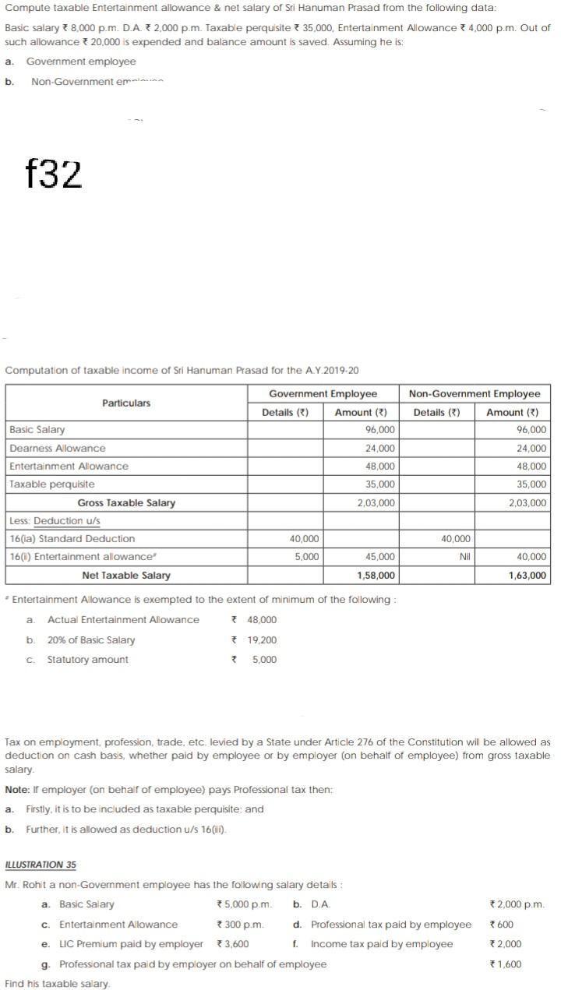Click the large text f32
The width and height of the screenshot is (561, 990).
pyautogui.click(x=53, y=174)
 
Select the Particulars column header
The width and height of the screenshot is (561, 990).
pyautogui.click(x=126, y=403)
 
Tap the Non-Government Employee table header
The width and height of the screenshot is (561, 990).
pyautogui.click(x=474, y=393)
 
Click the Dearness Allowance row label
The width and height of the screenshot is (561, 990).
pyautogui.click(x=58, y=448)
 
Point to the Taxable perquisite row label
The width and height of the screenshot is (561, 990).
pyautogui.click(x=52, y=484)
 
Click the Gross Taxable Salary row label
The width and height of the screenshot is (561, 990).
pyautogui.click(x=126, y=502)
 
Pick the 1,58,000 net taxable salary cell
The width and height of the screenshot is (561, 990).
pyautogui.click(x=376, y=575)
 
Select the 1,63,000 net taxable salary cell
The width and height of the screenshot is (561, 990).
pyautogui.click(x=527, y=575)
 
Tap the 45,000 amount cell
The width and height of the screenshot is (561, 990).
pyautogui.click(x=379, y=556)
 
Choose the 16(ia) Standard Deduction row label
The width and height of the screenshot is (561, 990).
pyautogui.click(x=72, y=538)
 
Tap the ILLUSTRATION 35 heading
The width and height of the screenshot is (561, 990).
pyautogui.click(x=41, y=865)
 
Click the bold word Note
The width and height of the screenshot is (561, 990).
pyautogui.click(x=18, y=789)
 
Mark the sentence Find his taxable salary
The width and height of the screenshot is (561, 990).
pyautogui.click(x=58, y=983)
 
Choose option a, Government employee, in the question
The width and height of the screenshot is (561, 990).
pyautogui.click(x=80, y=62)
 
